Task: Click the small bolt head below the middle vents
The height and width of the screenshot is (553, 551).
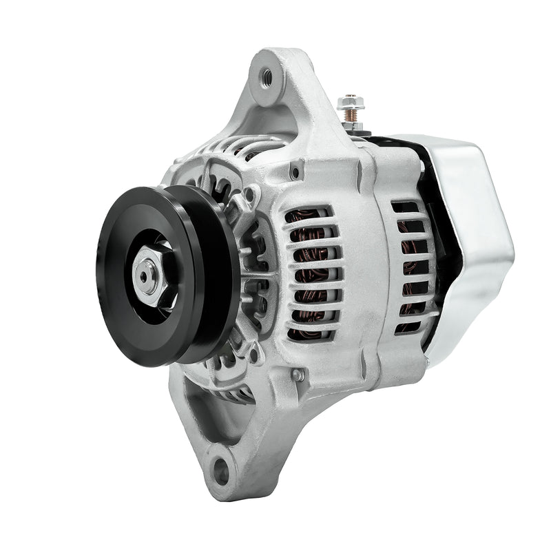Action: click(297, 375)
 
